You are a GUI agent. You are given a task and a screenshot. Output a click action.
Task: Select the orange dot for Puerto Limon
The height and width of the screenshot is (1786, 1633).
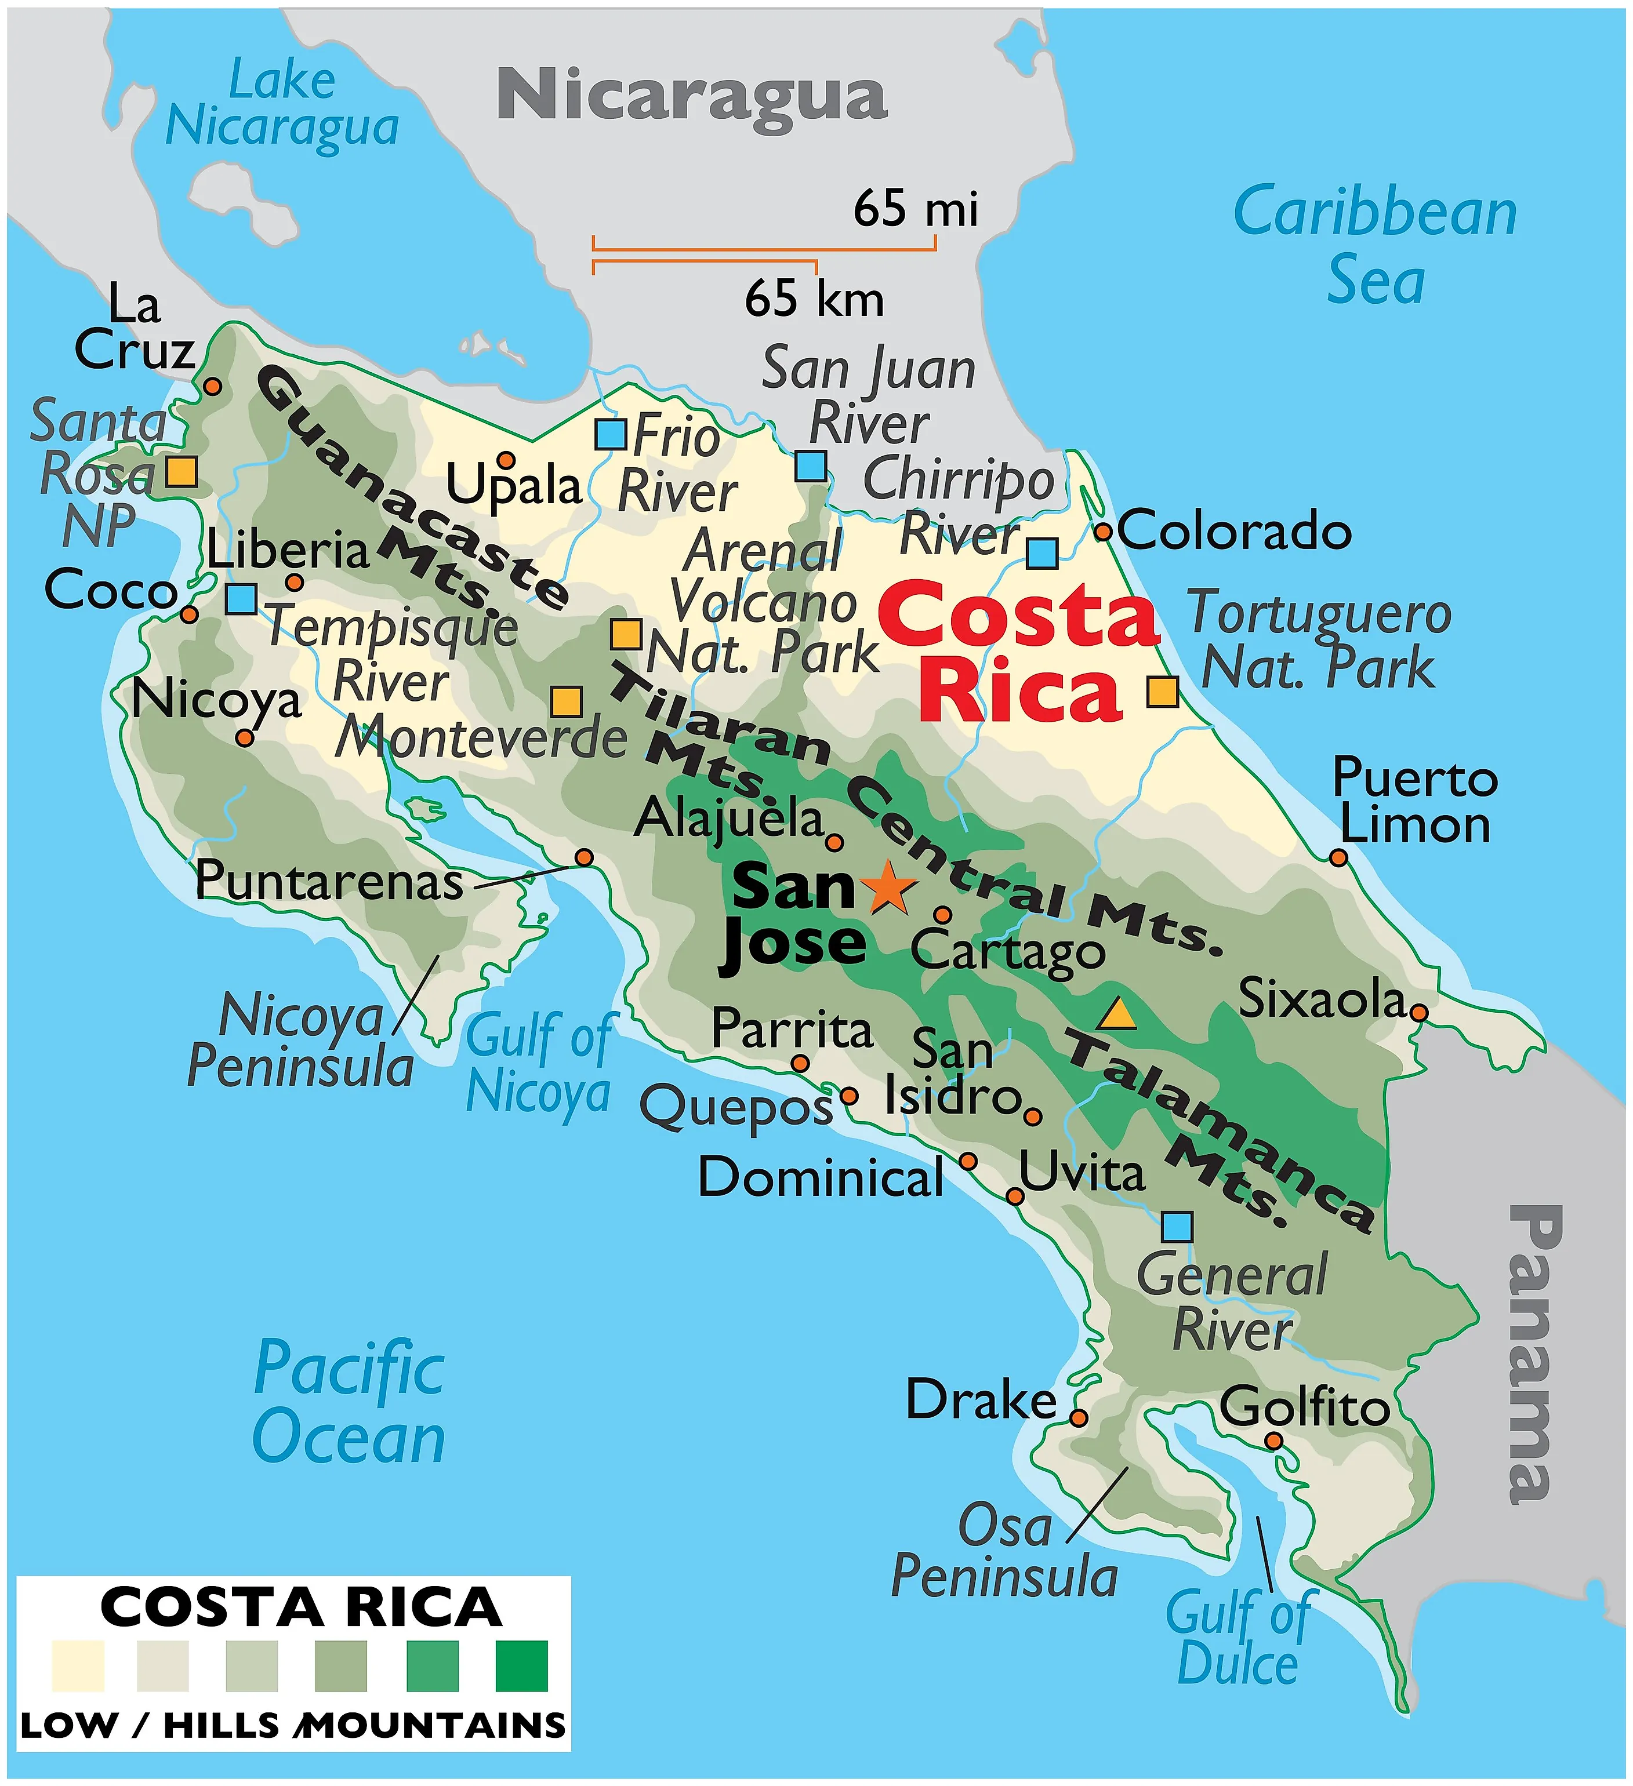1338,857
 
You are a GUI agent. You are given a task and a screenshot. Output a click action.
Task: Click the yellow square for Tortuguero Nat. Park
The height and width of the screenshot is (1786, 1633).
1163,691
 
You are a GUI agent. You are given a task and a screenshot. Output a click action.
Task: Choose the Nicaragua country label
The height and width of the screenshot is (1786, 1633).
691,96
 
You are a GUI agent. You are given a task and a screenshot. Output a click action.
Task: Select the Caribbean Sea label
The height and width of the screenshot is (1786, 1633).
1375,245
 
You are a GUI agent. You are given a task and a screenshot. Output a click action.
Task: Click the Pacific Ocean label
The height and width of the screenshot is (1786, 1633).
349,1402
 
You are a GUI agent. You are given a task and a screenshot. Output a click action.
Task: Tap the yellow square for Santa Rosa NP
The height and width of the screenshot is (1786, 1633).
182,471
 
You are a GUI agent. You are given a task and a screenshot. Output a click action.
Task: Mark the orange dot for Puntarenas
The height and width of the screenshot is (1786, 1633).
584,857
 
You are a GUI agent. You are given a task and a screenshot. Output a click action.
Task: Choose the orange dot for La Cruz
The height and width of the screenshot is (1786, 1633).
213,386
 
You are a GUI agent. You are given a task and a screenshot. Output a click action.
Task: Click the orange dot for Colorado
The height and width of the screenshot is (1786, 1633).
1102,532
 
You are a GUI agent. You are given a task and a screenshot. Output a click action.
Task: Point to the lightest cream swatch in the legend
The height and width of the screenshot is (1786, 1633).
78,1665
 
